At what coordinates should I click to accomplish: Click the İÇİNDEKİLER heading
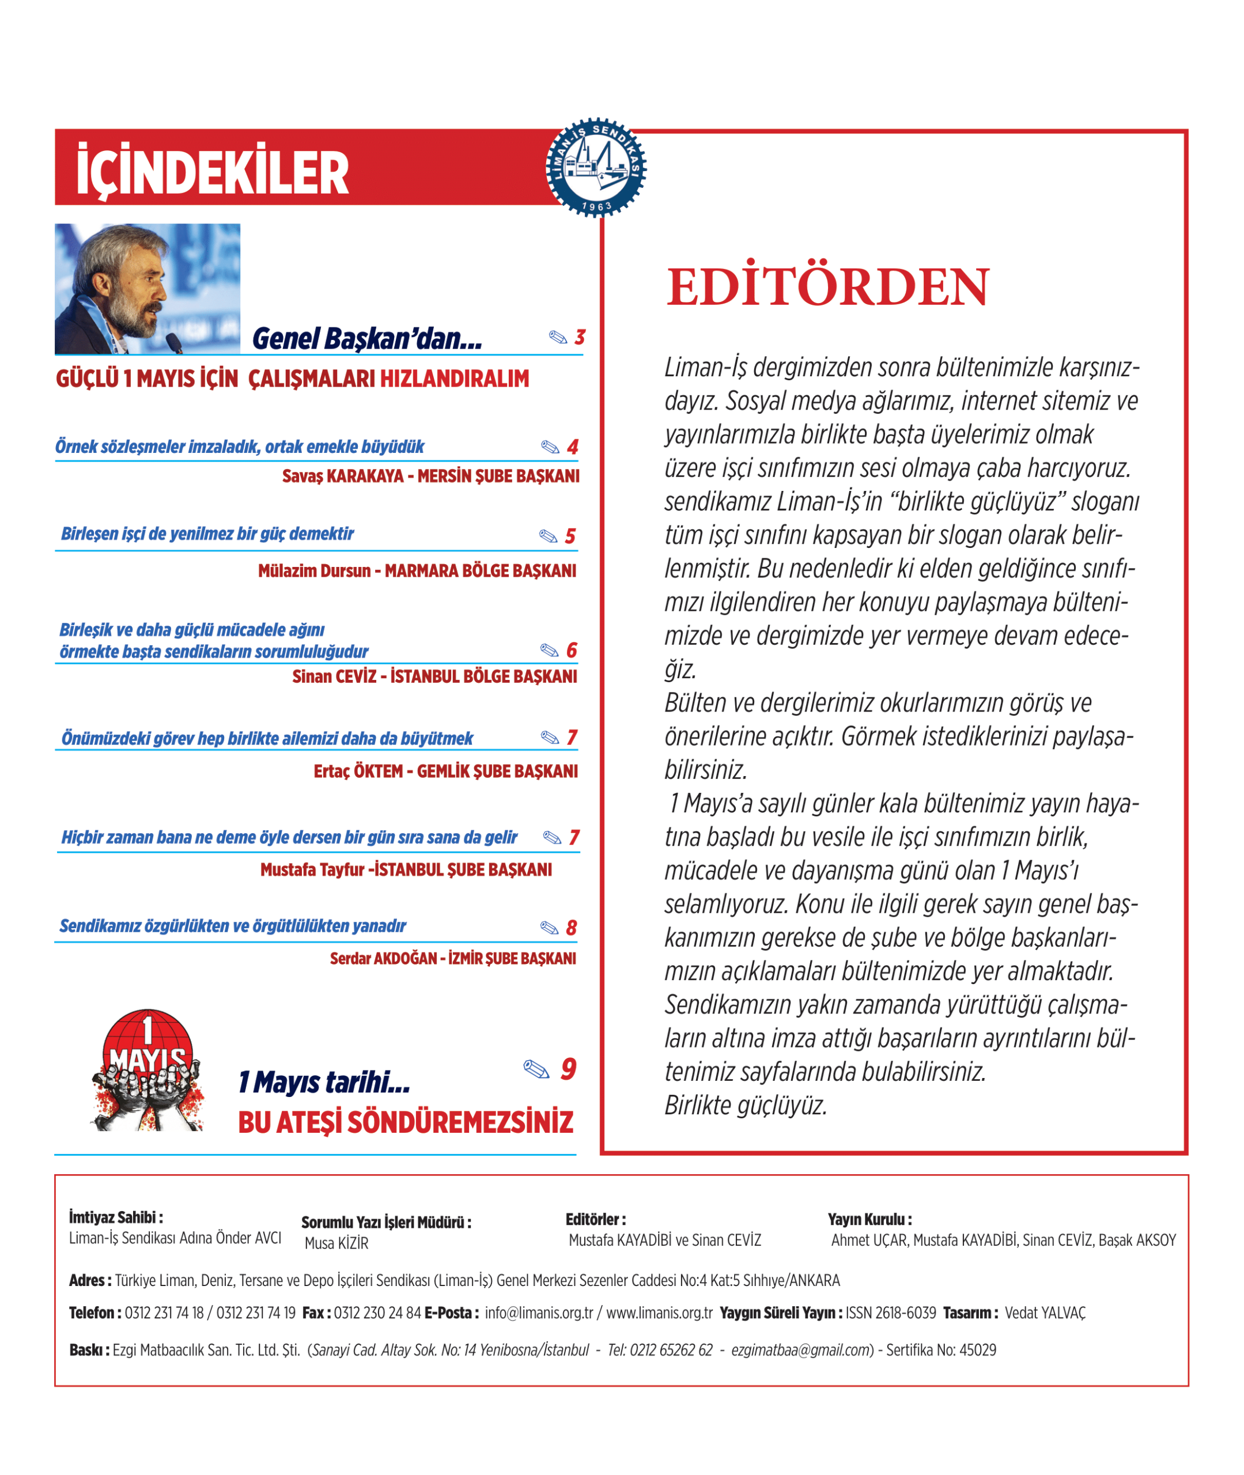212,173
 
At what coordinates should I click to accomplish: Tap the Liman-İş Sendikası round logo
596,167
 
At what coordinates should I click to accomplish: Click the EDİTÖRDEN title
828,287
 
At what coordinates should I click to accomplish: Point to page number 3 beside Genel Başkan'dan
580,337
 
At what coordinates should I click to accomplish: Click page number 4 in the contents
573,447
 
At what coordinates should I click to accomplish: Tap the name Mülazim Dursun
314,570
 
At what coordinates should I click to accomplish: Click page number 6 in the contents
571,650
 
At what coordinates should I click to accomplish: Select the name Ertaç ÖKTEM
358,771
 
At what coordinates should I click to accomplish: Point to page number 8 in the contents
571,928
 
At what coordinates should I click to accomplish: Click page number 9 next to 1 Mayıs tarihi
568,1069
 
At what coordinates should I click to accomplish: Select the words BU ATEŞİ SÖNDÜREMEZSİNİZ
406,1122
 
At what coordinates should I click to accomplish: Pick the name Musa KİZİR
336,1243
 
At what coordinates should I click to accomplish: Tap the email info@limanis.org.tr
539,1313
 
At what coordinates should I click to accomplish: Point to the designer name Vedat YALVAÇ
1045,1313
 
